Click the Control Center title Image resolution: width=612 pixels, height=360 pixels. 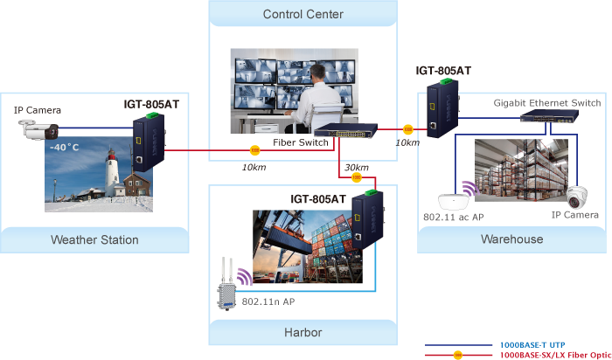303,14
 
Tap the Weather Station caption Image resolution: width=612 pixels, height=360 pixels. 94,239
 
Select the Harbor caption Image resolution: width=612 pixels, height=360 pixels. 303,332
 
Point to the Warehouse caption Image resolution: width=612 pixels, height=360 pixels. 512,239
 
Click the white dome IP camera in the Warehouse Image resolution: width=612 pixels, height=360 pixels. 578,197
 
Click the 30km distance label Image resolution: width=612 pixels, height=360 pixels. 356,168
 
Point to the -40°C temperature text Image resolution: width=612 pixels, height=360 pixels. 64,148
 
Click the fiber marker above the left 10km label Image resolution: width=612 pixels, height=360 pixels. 255,150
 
